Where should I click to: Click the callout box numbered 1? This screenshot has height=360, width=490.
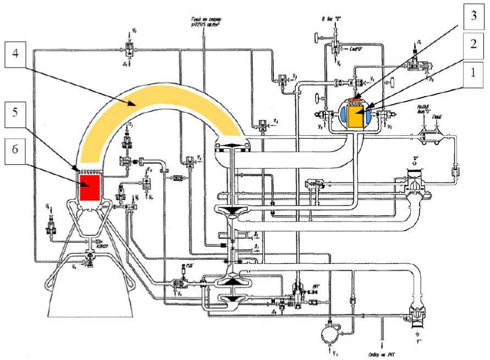pyautogui.click(x=471, y=73)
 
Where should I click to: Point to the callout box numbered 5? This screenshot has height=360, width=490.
pyautogui.click(x=17, y=113)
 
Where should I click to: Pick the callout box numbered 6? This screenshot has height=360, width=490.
pyautogui.click(x=17, y=148)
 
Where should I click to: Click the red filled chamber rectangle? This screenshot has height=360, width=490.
pyautogui.click(x=90, y=188)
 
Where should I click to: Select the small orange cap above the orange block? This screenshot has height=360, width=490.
pyautogui.click(x=356, y=100)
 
